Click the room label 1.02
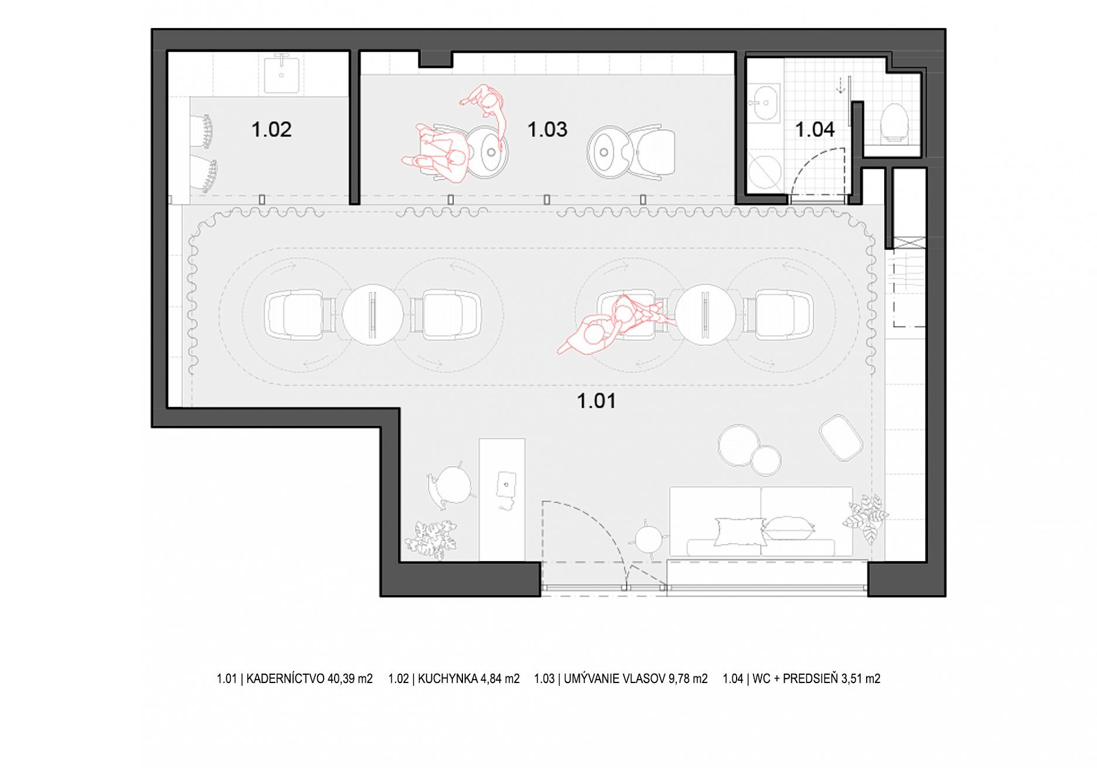271,129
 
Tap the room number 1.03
547,129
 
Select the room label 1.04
815,129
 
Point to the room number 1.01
596,401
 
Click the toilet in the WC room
894,123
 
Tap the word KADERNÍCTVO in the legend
285,678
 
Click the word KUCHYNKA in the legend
448,678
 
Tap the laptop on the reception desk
506,486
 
